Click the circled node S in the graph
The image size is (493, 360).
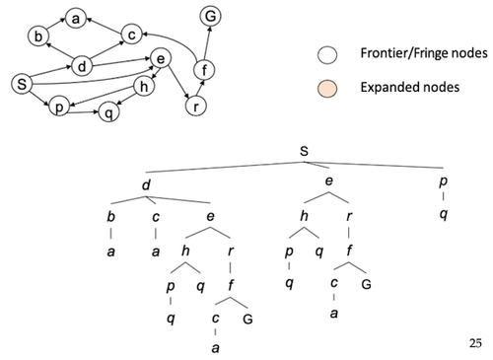tap(22, 84)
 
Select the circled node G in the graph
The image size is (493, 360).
tap(210, 16)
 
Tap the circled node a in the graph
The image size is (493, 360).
tap(76, 19)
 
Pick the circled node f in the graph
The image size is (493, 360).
tap(204, 70)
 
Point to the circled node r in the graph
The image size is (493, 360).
tap(196, 106)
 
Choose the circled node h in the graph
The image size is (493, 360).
tap(144, 87)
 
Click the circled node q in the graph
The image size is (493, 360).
tap(108, 112)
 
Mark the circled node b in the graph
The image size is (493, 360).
tap(38, 36)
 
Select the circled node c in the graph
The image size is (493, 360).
tap(131, 35)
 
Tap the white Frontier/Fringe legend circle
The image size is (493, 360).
tap(327, 55)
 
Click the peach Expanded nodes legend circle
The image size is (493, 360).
tap(327, 89)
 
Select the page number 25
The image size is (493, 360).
tap(475, 343)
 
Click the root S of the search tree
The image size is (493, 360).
tap(304, 151)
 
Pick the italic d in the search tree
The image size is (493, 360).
tap(146, 184)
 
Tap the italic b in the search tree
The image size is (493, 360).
tap(111, 217)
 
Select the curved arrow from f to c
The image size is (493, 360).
tap(175, 40)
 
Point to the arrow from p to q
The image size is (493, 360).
tap(84, 112)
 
